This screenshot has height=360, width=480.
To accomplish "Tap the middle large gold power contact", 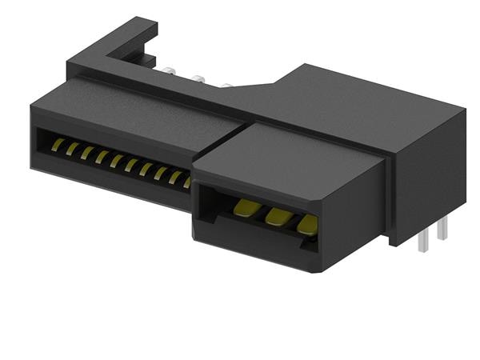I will [276, 215].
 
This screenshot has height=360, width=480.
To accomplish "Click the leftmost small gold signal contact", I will [58, 144].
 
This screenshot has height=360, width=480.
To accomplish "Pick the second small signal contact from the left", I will [72, 148].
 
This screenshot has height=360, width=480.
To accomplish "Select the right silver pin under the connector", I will [439, 233].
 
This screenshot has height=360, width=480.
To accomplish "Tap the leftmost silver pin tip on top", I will [170, 70].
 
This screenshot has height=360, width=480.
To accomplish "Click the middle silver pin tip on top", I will [197, 78].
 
